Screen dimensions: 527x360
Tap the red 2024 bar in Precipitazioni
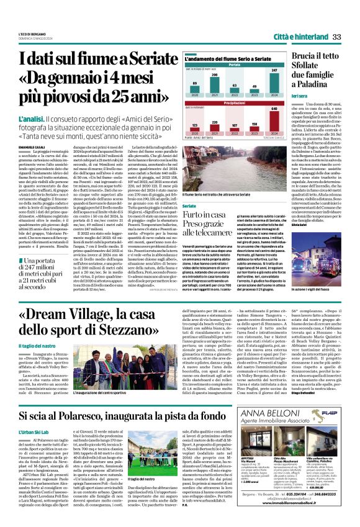click(272, 119)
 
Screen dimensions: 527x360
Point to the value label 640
click(272, 109)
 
